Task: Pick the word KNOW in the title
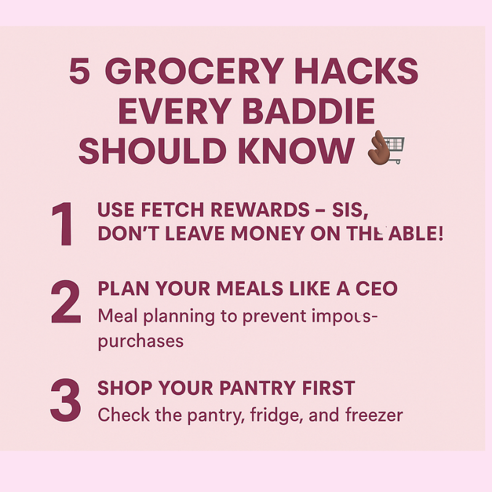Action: [300, 151]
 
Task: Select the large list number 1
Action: [63, 224]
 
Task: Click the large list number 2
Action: [66, 303]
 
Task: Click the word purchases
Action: [141, 340]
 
